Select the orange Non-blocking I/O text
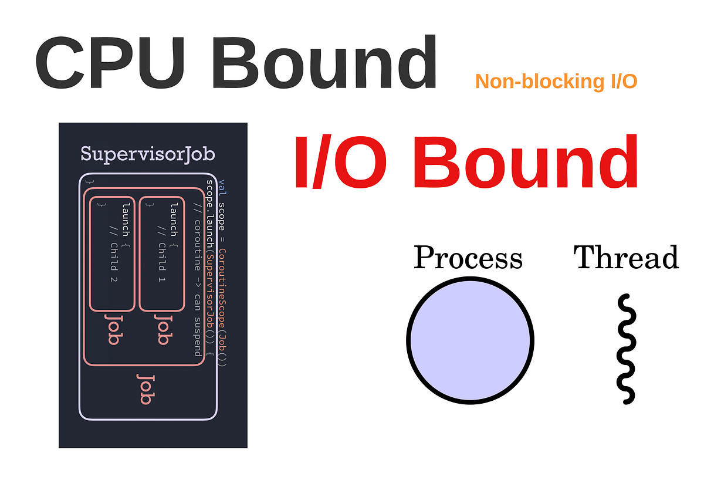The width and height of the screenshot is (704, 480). coord(556,82)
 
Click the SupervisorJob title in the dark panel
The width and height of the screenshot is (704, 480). coord(147,154)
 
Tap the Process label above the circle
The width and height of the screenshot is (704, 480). coord(468,258)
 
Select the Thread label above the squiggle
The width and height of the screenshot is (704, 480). coord(626,258)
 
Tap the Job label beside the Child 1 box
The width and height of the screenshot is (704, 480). coord(163,329)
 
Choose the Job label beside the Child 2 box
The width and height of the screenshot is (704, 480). coord(113,329)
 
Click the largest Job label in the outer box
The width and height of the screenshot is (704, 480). coord(145,388)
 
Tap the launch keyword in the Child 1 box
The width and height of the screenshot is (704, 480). coord(174,219)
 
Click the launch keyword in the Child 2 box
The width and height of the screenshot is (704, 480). coord(126,219)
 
